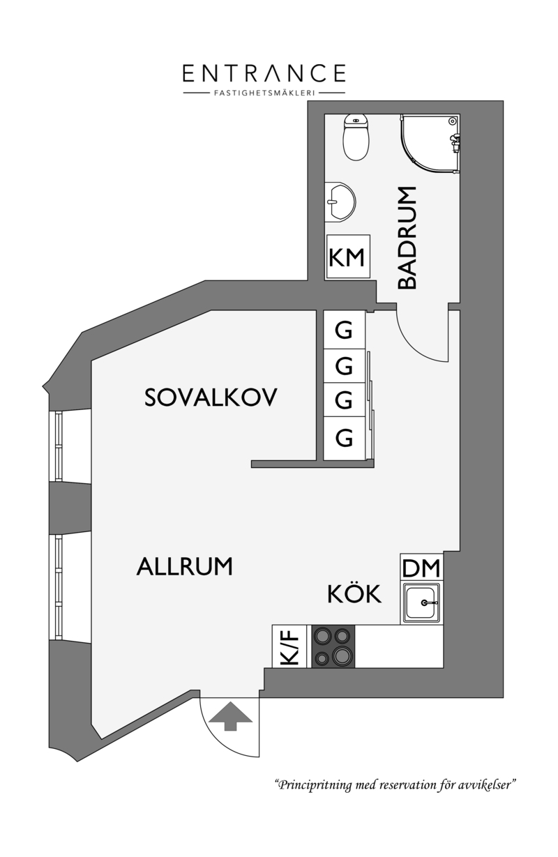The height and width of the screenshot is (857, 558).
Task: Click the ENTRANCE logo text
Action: tap(264, 73)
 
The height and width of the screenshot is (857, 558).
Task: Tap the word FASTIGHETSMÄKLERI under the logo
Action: tap(264, 93)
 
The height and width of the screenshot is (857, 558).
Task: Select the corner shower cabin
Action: tap(430, 144)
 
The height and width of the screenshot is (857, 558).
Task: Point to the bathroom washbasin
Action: tap(340, 202)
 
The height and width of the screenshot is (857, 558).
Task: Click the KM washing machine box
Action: tap(347, 257)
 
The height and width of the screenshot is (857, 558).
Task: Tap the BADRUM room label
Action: tap(407, 238)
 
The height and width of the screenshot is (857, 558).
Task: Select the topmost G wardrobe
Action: tap(344, 330)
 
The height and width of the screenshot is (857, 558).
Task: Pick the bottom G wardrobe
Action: tap(344, 438)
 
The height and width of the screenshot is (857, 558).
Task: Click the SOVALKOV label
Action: tap(211, 397)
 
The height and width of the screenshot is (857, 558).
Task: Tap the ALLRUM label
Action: tap(184, 566)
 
